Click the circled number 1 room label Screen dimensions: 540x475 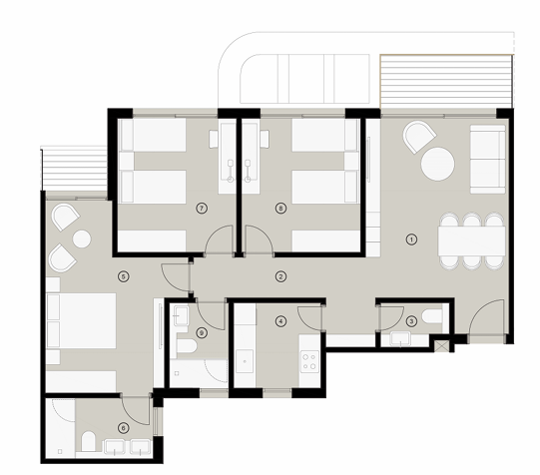411,239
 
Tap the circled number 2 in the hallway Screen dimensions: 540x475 281,276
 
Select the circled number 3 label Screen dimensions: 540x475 411,321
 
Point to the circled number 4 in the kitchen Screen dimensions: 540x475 281,321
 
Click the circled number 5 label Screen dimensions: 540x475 124,276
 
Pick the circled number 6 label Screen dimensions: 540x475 124,428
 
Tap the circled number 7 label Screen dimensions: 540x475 202,208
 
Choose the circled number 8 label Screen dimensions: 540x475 281,208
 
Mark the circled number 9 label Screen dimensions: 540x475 202,333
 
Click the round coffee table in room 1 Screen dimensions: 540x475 438,164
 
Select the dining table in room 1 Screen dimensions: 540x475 472,240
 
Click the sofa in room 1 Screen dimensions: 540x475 488,159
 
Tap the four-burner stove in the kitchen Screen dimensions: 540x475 308,361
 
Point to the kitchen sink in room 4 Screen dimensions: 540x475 245,362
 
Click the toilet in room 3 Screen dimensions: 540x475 432,316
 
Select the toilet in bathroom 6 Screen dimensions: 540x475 89,441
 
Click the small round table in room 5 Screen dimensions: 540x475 82,238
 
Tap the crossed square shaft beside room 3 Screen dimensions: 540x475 441,345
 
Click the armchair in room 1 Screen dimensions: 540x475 419,137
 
